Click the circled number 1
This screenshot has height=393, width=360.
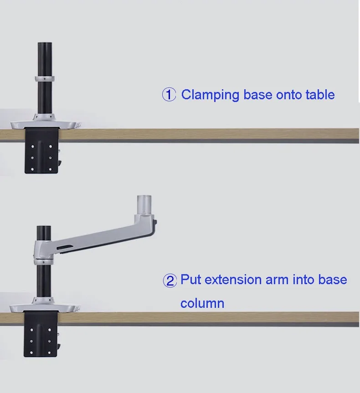click(169, 95)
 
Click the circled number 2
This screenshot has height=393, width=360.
click(170, 281)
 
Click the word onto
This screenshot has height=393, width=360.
click(288, 95)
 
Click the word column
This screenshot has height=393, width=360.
click(202, 303)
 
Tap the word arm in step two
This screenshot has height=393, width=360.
click(277, 279)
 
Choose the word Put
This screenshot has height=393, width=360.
click(190, 279)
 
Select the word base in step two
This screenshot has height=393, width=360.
click(333, 279)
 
